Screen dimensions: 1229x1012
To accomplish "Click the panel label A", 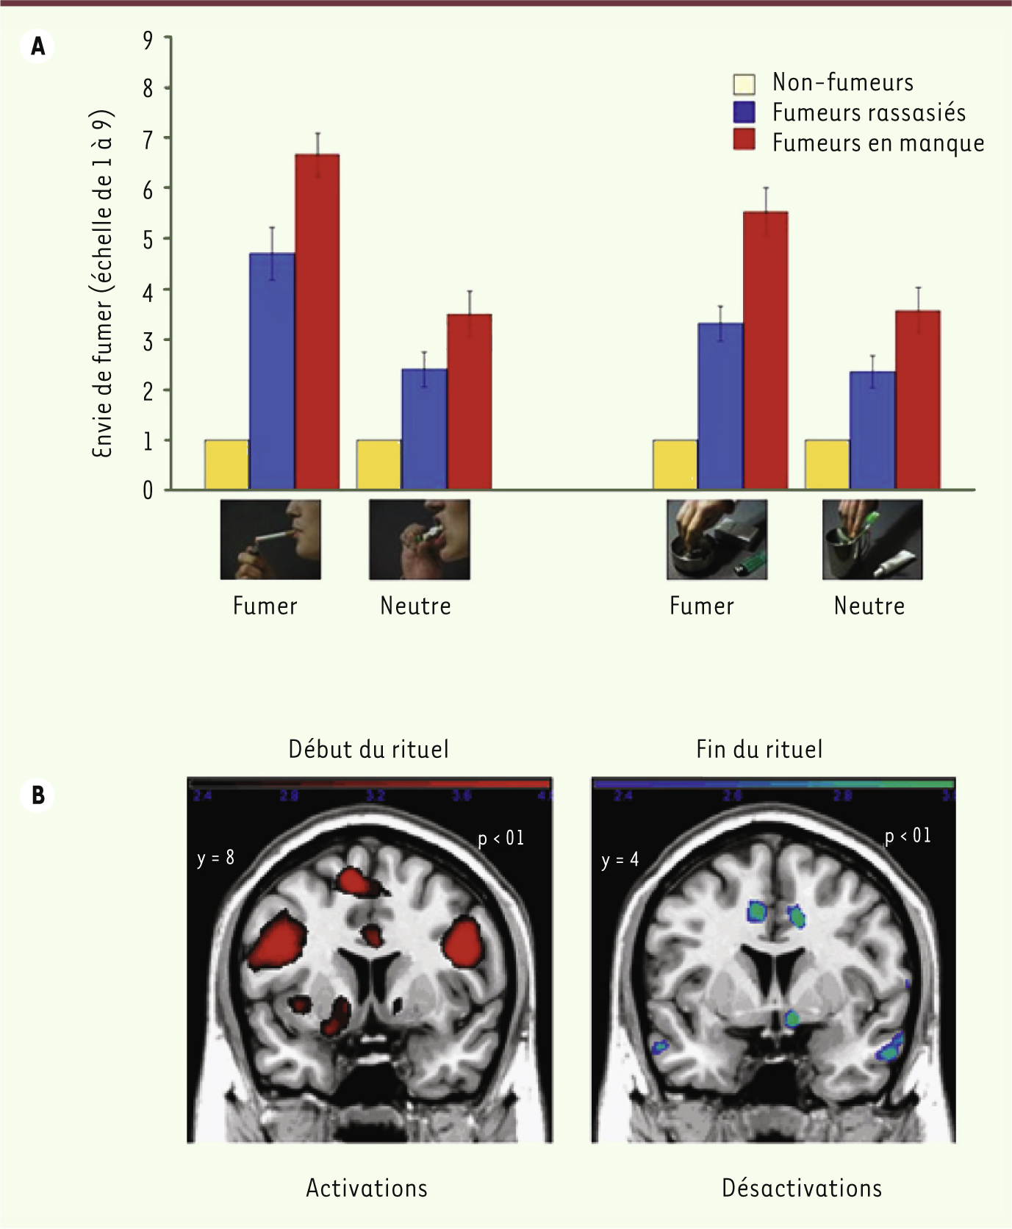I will pyautogui.click(x=37, y=46).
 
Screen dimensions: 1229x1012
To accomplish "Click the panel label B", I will pyautogui.click(x=37, y=795).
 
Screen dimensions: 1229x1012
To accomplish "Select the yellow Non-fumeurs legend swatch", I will pyautogui.click(x=744, y=84).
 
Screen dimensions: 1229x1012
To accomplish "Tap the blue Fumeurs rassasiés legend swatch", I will pyautogui.click(x=744, y=112).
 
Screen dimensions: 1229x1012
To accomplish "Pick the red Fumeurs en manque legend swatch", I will pyautogui.click(x=744, y=140).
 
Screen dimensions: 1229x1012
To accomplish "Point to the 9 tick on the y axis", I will pyautogui.click(x=148, y=38).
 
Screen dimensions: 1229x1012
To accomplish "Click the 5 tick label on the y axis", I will pyautogui.click(x=148, y=240).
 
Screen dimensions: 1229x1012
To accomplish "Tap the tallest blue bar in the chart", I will pyautogui.click(x=272, y=371).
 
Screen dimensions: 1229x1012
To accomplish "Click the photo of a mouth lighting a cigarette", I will pyautogui.click(x=270, y=540).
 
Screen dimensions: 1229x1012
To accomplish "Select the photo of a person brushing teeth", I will pyautogui.click(x=419, y=540).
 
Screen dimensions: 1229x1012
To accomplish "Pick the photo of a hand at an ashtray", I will pyautogui.click(x=717, y=540).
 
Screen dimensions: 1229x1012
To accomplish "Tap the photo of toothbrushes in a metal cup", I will pyautogui.click(x=872, y=540).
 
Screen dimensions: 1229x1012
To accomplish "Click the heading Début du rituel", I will pyautogui.click(x=368, y=749).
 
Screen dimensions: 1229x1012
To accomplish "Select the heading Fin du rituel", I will pyautogui.click(x=759, y=749).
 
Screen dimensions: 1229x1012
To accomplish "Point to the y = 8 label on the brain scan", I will pyautogui.click(x=215, y=857).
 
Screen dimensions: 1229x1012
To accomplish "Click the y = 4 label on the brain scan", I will pyautogui.click(x=620, y=859).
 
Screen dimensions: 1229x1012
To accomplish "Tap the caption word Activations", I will pyautogui.click(x=367, y=1188).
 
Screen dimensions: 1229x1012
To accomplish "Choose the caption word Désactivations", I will pyautogui.click(x=802, y=1188).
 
